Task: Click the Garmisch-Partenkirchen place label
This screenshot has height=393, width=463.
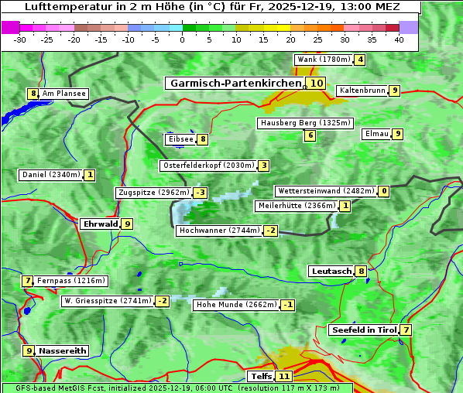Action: tap(234, 83)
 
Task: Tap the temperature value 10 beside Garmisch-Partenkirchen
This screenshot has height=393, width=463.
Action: tap(316, 83)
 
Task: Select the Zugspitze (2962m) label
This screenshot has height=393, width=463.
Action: tap(153, 193)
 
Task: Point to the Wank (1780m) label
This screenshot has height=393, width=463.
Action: tap(324, 60)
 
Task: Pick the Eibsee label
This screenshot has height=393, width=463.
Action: tap(180, 139)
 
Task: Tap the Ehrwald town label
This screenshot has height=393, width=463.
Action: tap(100, 224)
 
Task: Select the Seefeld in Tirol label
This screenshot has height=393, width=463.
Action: tap(363, 330)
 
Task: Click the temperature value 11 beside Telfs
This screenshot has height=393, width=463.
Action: tap(284, 377)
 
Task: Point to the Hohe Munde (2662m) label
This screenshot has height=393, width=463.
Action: tap(236, 305)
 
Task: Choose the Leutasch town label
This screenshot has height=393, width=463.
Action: tap(331, 272)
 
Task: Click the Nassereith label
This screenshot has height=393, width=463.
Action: tap(63, 350)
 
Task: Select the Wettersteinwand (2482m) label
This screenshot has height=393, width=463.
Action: tap(325, 191)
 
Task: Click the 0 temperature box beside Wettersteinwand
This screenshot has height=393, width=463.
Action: tap(384, 191)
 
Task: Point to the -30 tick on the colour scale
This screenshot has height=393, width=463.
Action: tap(20, 39)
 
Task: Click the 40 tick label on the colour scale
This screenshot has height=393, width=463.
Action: tap(400, 39)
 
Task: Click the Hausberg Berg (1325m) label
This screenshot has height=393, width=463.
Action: tap(305, 123)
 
